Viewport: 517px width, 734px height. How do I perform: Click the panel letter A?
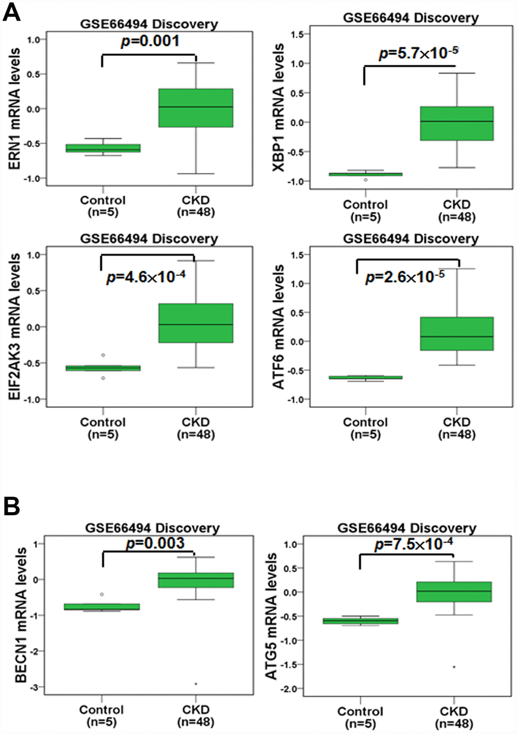tap(12, 11)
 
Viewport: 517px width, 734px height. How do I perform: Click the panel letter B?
tap(12, 506)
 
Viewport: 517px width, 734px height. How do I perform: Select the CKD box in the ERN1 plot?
tap(196, 108)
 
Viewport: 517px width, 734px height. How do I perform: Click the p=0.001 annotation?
tap(150, 41)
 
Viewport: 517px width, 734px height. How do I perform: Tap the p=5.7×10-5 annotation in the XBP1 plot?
tap(418, 53)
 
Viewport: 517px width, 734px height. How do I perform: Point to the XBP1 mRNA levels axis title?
tap(278, 107)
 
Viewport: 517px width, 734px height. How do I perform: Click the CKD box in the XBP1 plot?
tap(457, 123)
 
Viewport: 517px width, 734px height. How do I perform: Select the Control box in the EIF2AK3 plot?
tap(103, 368)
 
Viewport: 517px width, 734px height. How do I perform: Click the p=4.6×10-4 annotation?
tap(146, 277)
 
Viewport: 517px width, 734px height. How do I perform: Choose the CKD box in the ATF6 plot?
tap(457, 334)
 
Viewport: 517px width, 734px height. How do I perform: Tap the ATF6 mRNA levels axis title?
tap(278, 327)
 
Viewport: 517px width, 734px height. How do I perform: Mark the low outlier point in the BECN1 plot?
tap(196, 684)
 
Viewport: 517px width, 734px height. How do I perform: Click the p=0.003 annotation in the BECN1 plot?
tap(155, 544)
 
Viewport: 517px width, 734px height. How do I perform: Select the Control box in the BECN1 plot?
tap(102, 606)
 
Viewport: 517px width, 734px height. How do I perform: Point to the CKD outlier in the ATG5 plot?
tap(454, 667)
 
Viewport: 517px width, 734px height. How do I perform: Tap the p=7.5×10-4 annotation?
tap(414, 545)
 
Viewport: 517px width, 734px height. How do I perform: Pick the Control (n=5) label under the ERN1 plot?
tap(103, 206)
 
